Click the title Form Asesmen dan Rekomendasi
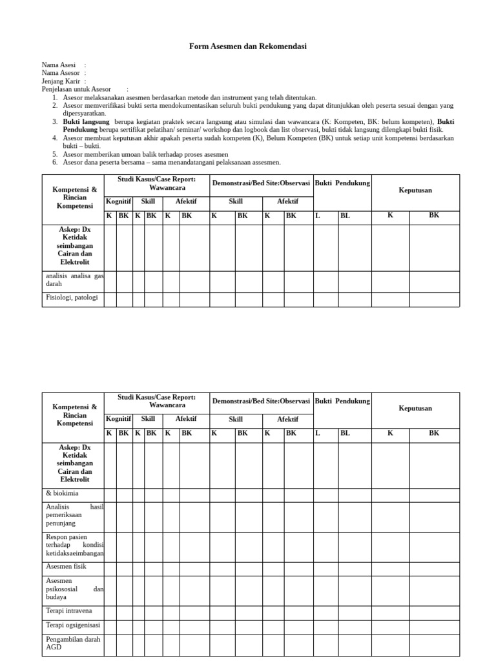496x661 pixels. (248, 46)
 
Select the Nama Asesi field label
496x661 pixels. (59, 65)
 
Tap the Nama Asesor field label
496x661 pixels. (61, 73)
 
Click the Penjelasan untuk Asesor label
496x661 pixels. (76, 89)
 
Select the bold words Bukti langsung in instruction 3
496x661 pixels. (86, 121)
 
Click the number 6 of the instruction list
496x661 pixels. (56, 163)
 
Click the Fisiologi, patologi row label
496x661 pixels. (71, 298)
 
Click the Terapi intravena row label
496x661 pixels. (69, 610)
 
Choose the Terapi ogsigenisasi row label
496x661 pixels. (72, 625)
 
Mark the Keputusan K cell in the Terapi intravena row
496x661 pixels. (390, 611)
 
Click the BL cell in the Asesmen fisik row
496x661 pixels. (355, 567)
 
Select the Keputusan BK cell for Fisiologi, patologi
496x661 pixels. (434, 299)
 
